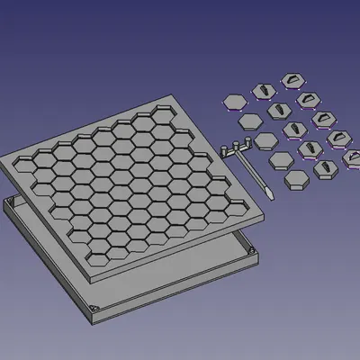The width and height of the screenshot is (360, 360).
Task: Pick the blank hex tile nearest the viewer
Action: (297, 179)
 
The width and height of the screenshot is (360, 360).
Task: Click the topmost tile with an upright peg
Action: (264, 89)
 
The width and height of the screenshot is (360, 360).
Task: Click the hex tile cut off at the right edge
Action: (353, 157)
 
